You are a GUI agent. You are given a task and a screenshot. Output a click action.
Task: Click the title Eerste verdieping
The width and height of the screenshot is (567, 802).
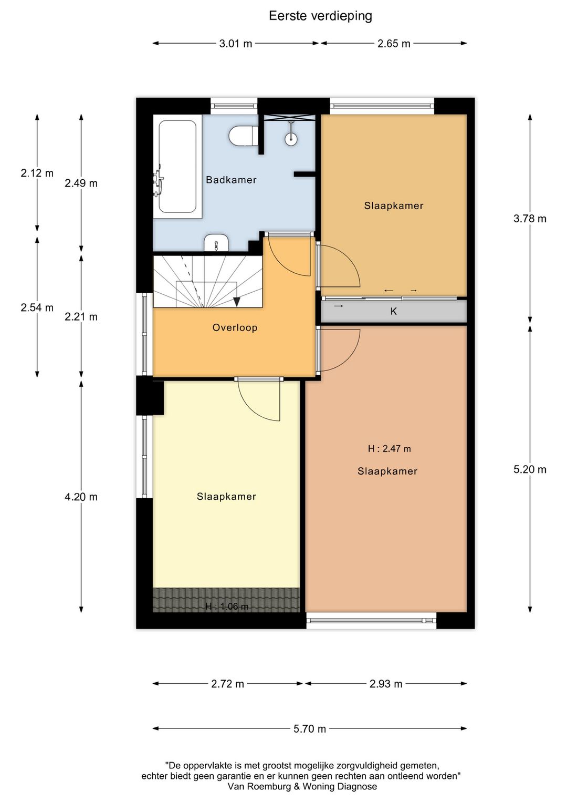coord(320,16)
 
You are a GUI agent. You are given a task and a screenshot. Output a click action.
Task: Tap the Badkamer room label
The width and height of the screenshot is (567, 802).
coord(231,180)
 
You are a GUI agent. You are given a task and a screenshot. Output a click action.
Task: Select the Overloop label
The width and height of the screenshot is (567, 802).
coord(235,327)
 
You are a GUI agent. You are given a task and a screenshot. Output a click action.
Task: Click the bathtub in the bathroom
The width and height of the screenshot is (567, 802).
coord(177,167)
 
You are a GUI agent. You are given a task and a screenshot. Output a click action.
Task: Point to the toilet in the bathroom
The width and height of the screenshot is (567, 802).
coord(242,136)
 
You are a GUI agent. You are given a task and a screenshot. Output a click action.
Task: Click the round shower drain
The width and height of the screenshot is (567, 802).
coord(291,138)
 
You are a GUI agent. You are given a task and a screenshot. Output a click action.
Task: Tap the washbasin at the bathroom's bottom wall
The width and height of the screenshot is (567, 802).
coord(216,243)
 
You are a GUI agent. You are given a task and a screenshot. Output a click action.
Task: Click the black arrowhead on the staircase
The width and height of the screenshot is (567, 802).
coord(236,302)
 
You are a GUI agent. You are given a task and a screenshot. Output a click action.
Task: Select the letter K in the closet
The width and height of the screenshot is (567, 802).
coord(394,312)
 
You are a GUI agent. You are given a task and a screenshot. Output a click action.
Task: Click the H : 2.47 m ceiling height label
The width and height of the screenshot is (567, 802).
coord(389,449)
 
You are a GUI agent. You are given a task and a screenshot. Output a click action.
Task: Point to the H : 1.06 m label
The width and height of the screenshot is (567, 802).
coord(227,606)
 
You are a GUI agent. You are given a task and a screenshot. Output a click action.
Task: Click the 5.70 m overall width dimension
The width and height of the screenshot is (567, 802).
coord(310,728)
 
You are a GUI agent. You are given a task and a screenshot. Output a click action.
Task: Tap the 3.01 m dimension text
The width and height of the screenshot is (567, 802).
coord(236,44)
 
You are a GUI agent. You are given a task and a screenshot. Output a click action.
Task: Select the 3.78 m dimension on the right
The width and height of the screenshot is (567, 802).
coord(530,219)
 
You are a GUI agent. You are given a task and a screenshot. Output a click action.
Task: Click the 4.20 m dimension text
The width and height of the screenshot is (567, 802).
coord(81,497)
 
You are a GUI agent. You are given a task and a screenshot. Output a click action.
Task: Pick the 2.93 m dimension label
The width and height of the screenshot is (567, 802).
coord(386,684)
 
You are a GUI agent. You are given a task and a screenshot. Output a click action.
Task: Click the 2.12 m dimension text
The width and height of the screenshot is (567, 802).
coord(37,173)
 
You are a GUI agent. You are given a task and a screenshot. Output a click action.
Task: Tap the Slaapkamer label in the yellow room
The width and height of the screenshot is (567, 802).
coord(226,497)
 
